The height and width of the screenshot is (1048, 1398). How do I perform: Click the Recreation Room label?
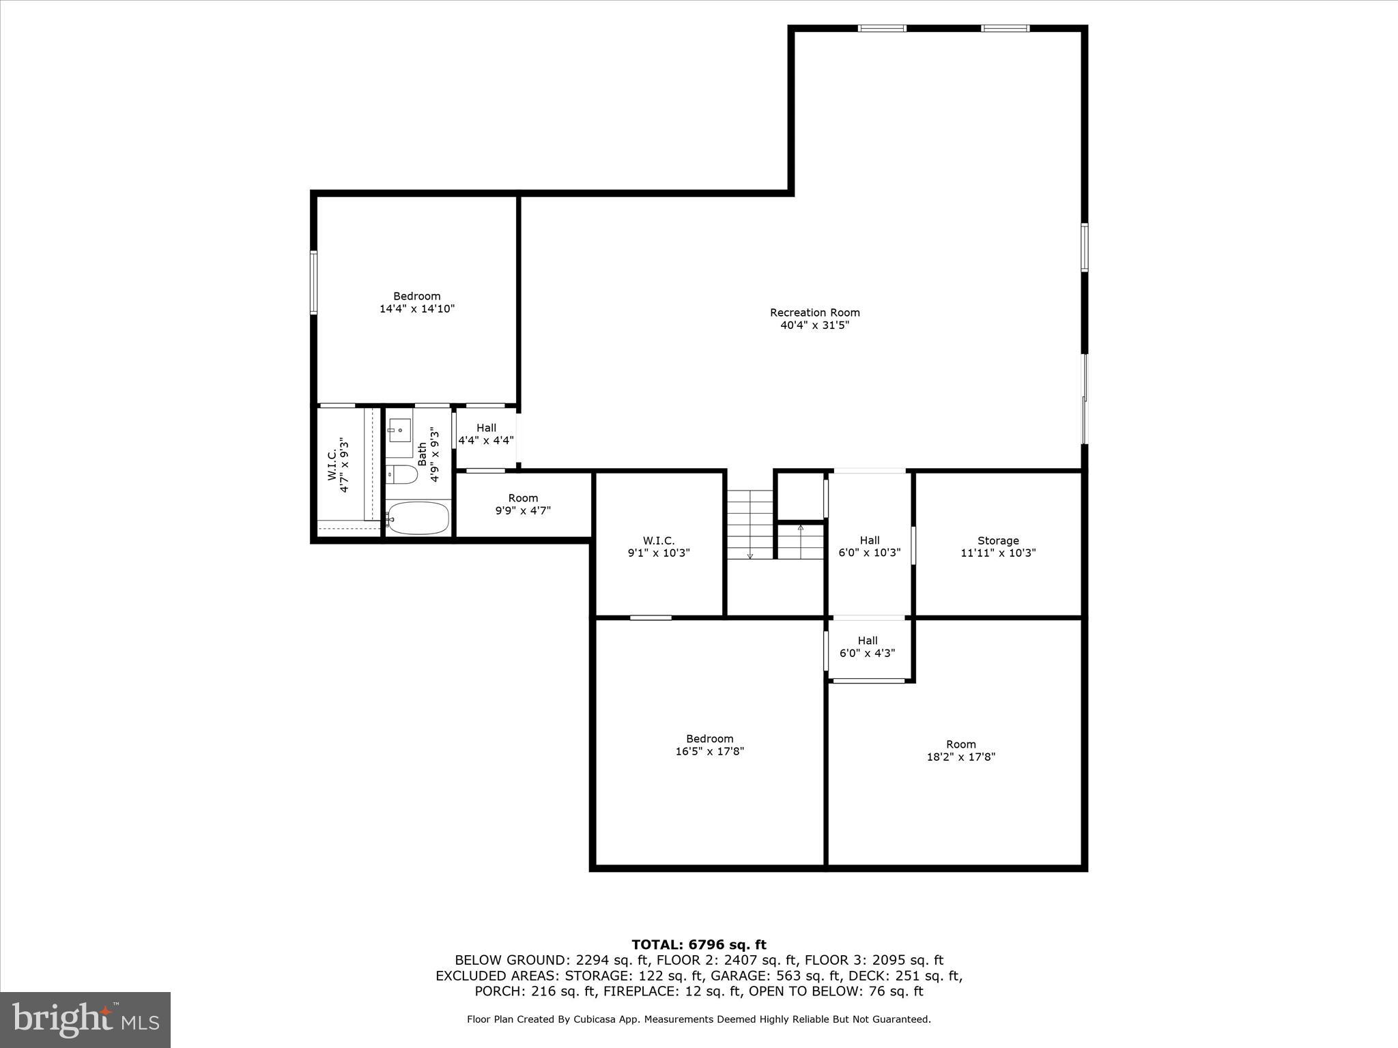click(814, 312)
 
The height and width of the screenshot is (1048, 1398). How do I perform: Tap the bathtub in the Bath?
click(418, 518)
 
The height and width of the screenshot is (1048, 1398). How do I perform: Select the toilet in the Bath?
click(402, 474)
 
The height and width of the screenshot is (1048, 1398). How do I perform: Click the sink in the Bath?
click(400, 430)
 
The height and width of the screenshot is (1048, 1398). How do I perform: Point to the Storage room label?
click(997, 540)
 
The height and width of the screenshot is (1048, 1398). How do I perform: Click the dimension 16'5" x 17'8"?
click(709, 751)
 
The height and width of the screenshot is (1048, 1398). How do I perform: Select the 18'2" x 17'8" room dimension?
click(960, 757)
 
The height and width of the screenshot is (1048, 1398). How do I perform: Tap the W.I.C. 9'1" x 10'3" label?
click(659, 547)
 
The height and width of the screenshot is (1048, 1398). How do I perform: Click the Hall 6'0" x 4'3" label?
click(867, 646)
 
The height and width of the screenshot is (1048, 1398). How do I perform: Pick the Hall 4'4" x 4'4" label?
click(486, 434)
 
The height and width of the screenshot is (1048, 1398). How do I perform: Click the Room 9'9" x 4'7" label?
click(523, 504)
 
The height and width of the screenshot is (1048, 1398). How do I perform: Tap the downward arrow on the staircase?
click(750, 554)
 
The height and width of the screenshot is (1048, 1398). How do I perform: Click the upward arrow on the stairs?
click(801, 528)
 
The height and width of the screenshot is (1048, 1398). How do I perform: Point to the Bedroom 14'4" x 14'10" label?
click(416, 302)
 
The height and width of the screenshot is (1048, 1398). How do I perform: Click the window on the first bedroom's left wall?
click(313, 282)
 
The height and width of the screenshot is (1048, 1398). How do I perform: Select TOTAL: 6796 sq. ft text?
click(698, 944)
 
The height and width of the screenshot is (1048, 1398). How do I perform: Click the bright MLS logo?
click(85, 1019)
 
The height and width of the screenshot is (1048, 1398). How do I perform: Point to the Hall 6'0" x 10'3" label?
click(869, 547)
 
